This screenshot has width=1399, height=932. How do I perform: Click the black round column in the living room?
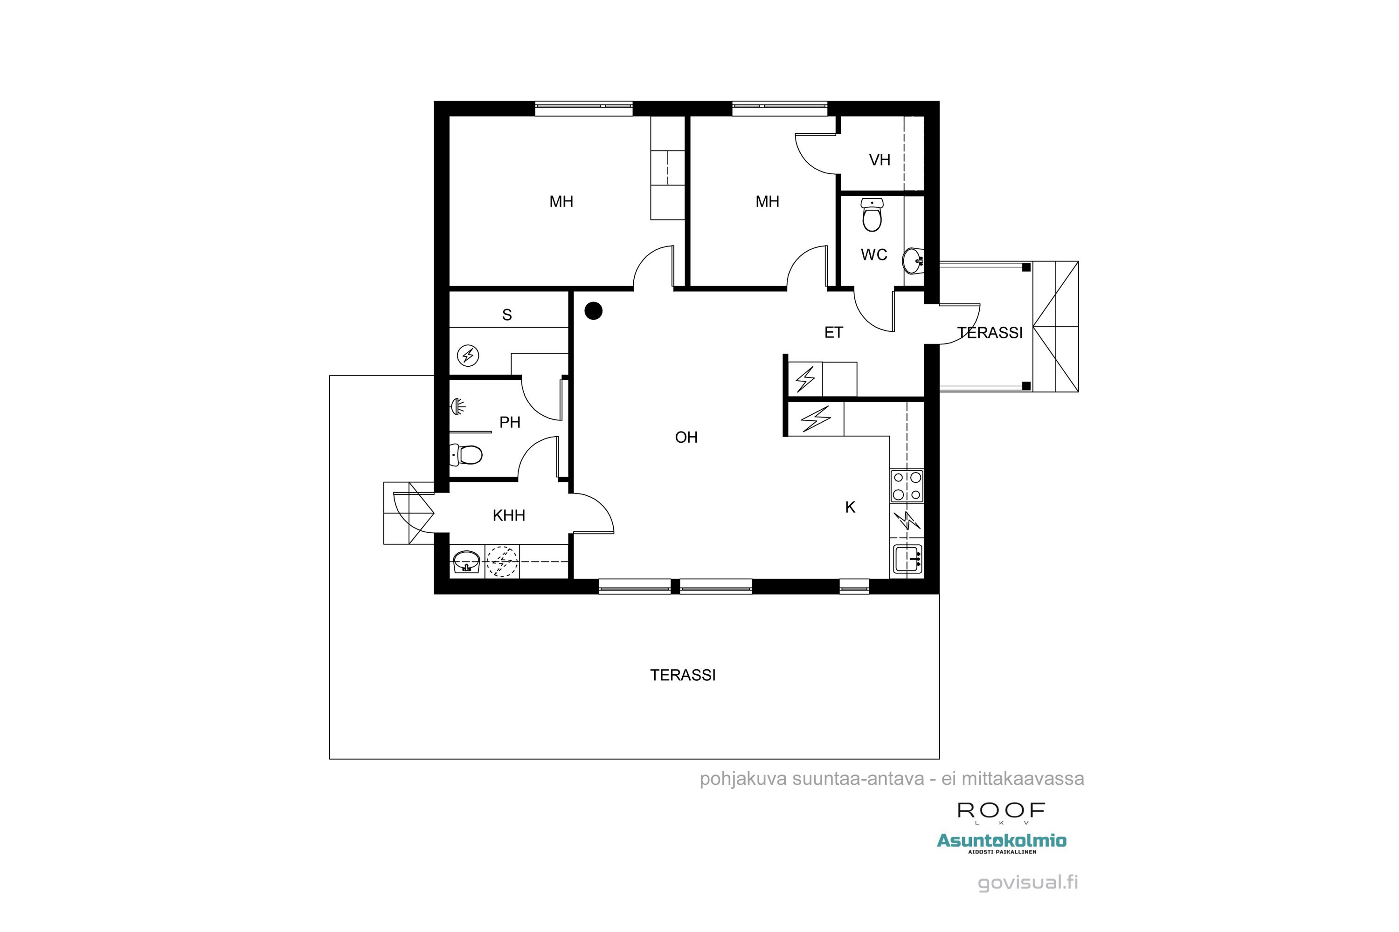tap(593, 310)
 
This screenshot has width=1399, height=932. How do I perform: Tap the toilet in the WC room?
tap(872, 215)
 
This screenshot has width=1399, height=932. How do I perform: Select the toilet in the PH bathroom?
tap(466, 455)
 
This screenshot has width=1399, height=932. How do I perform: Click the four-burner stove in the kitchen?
tap(907, 486)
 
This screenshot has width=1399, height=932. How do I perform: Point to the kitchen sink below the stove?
tap(907, 559)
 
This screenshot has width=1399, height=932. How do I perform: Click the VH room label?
tap(879, 160)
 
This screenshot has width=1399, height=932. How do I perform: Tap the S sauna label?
tap(507, 315)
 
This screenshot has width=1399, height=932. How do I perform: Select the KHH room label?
tap(509, 515)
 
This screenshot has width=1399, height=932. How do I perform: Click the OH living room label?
tap(686, 438)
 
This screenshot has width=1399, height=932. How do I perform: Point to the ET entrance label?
tap(833, 333)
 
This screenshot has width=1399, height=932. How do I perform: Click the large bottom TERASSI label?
tap(682, 675)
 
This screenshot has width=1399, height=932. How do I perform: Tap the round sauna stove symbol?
tap(468, 356)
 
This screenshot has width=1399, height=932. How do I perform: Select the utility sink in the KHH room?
tap(466, 561)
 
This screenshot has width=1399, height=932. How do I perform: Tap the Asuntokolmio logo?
tap(1002, 841)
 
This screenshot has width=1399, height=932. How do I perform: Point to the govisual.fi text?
tap(1028, 883)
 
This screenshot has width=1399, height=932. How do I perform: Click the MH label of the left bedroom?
tap(561, 201)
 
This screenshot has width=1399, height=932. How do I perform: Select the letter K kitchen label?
tap(850, 507)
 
